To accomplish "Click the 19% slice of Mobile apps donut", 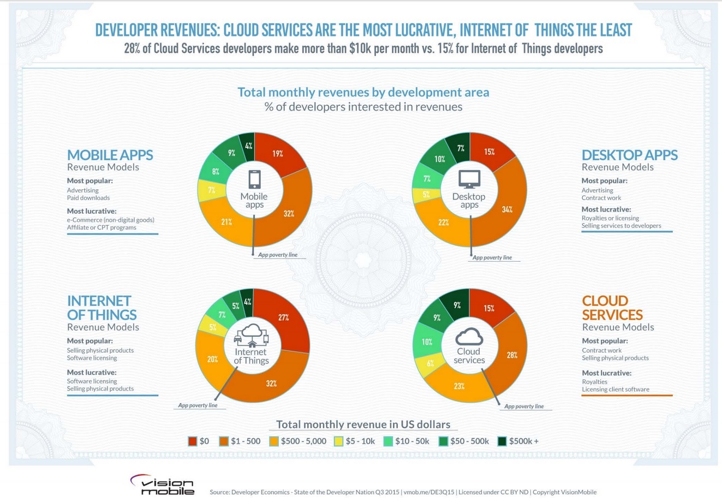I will (x=278, y=154).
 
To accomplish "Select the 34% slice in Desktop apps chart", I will (x=507, y=209).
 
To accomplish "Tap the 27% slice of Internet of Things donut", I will (x=283, y=317).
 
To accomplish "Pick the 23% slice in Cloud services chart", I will (x=459, y=386).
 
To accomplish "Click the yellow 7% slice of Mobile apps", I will (x=211, y=190).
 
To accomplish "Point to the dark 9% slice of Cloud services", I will (x=457, y=305).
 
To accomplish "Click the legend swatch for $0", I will (x=193, y=441).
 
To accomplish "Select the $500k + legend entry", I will (x=518, y=441).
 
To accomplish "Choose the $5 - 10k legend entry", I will (x=354, y=441).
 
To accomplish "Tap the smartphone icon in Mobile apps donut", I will (x=254, y=179).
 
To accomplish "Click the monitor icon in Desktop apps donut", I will (x=469, y=179).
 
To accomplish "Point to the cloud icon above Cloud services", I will (x=469, y=336).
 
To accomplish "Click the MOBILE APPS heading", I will (x=110, y=155).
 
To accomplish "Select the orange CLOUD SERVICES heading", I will (x=612, y=307).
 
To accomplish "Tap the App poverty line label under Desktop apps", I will (x=492, y=257).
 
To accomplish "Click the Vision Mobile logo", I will (x=162, y=484).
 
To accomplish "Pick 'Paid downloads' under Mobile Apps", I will (x=88, y=198).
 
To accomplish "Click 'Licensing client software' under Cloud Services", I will (x=615, y=389).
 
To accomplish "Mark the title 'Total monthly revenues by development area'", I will (x=363, y=92).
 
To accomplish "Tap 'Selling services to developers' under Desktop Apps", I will (x=621, y=226).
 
